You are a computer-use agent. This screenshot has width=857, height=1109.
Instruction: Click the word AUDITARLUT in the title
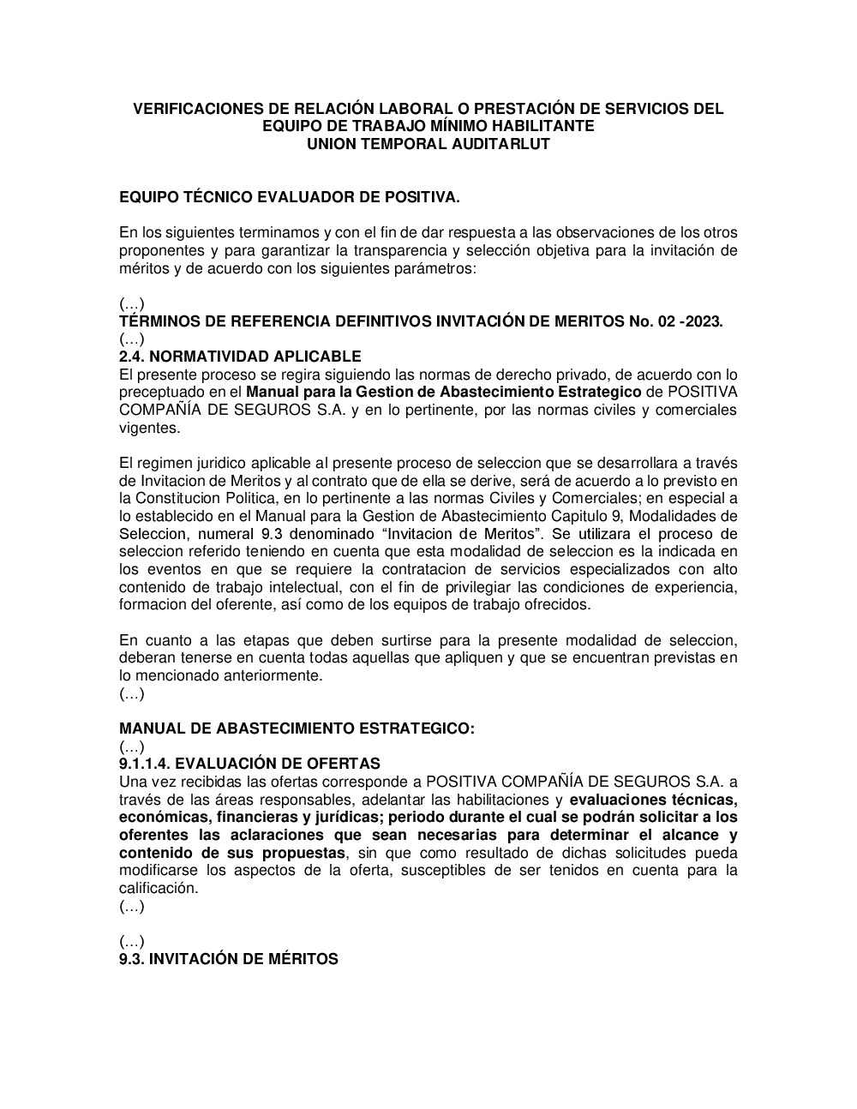(500, 144)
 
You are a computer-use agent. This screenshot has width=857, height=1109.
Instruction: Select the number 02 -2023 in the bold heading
(690, 321)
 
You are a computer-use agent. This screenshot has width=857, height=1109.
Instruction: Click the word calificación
(159, 888)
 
